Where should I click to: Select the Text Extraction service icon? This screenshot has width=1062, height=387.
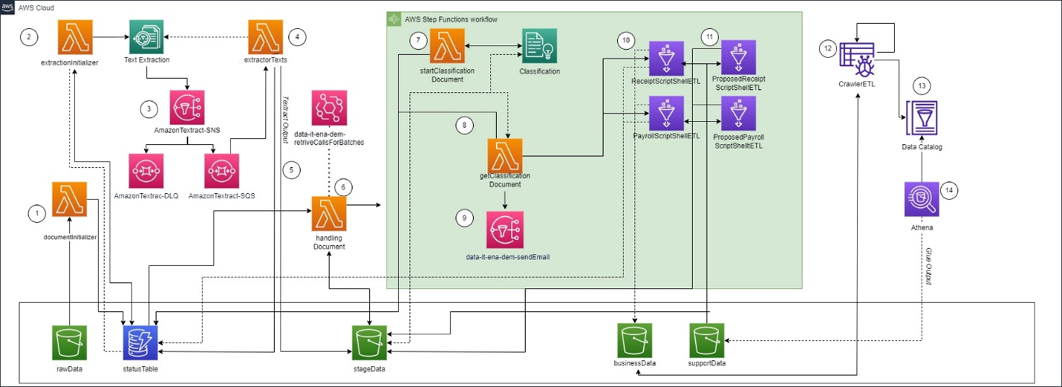pos(146,37)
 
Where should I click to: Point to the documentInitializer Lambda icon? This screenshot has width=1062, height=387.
pos(70,199)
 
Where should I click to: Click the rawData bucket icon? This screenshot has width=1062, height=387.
pos(70,343)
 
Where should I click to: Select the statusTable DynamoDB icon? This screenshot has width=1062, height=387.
pos(141,343)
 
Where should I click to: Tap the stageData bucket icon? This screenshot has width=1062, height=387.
pos(370,343)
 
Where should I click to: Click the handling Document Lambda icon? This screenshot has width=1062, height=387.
pos(330,214)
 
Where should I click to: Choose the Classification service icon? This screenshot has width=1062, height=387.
pos(539,46)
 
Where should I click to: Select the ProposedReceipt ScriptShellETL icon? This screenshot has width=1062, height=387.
pos(738,58)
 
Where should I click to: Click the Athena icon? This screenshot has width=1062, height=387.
pos(921,199)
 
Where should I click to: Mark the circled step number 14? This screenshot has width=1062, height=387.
pos(950,190)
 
